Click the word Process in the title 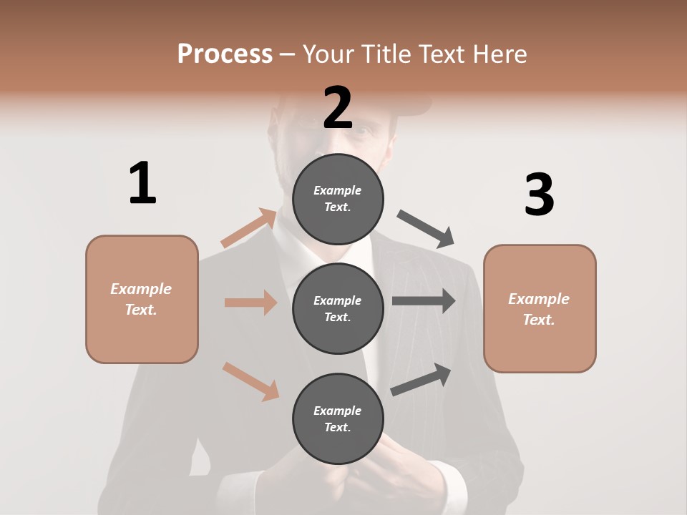225,54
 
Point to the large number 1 142,184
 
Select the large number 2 338,108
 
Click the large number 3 539,195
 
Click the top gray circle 338,199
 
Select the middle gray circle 338,308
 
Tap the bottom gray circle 338,418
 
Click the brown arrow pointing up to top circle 249,228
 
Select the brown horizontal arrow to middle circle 250,303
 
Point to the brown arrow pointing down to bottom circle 250,381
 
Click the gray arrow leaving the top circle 426,228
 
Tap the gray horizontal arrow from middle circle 424,301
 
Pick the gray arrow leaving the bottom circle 421,379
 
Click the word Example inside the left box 141,289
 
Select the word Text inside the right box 539,320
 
